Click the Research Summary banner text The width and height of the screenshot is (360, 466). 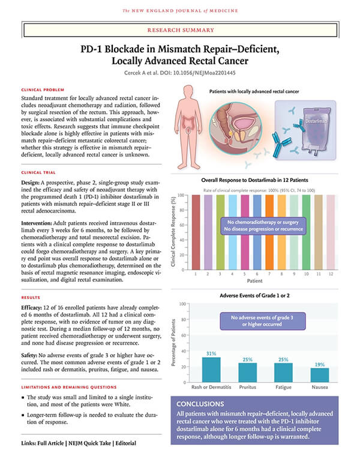tap(181, 30)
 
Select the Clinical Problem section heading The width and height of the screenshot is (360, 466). tap(43, 89)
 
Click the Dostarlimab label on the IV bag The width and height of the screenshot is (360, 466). tap(316, 121)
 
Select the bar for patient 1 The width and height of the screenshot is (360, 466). tap(196, 232)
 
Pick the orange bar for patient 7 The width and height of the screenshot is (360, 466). tap(269, 232)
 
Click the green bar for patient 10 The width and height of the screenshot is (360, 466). tap(306, 232)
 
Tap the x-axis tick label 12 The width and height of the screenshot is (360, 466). tap(331, 274)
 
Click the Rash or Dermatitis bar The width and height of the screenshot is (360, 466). tap(211, 370)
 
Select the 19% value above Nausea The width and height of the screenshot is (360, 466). tap(320, 365)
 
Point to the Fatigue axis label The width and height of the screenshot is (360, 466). tap(283, 387)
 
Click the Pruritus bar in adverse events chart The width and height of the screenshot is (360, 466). tap(247, 372)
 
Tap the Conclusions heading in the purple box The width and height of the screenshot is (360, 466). tap(200, 404)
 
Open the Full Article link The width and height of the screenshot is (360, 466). tap(50, 443)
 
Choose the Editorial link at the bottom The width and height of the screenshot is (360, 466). tap(125, 443)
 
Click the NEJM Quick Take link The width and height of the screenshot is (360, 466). tap(90, 443)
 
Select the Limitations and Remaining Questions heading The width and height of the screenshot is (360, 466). tap(69, 387)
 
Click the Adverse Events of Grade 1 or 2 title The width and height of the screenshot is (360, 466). tap(254, 295)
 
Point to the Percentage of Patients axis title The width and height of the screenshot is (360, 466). tap(174, 343)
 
